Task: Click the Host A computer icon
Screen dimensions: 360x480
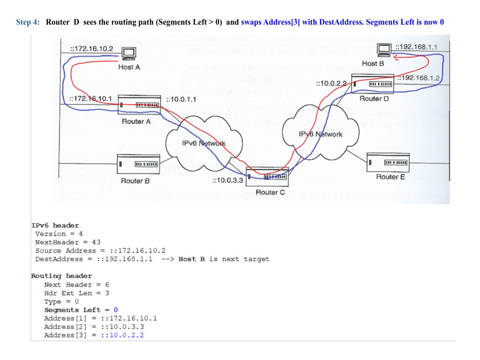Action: [x=128, y=54]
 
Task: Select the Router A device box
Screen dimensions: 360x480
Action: [x=139, y=105]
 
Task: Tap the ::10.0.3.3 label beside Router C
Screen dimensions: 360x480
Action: [x=227, y=180]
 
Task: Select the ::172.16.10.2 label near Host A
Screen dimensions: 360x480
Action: [x=92, y=48]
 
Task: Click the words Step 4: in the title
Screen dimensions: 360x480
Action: [x=28, y=22]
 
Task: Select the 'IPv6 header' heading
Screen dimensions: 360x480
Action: [x=55, y=225]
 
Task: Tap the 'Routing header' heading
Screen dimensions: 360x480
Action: [x=61, y=276]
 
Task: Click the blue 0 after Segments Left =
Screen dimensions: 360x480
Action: [x=116, y=310]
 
